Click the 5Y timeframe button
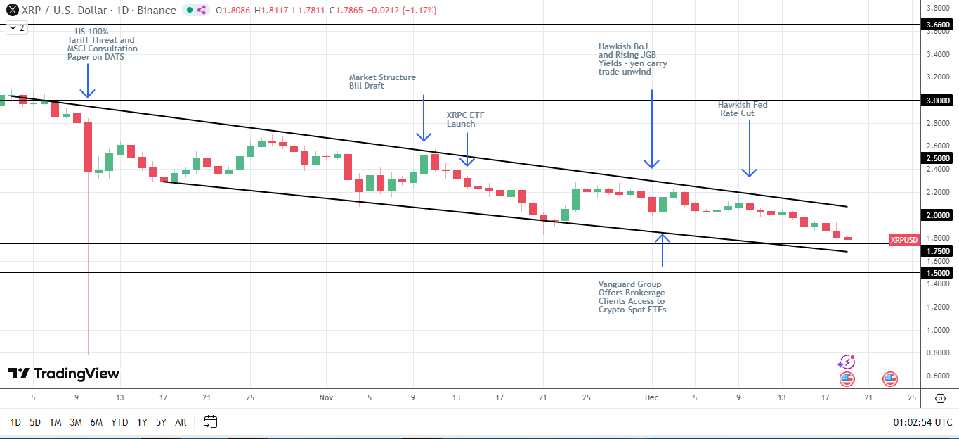161,422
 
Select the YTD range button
119,422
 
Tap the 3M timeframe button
76,422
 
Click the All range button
181,422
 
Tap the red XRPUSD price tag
903,240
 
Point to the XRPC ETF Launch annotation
461,119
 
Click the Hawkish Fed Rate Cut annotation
743,108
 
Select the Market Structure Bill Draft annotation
382,82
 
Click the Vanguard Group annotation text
632,297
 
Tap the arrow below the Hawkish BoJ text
653,129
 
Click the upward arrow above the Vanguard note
663,250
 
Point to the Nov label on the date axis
325,397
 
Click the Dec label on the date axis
651,397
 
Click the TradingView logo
64,374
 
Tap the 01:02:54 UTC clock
922,422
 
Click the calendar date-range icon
210,422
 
